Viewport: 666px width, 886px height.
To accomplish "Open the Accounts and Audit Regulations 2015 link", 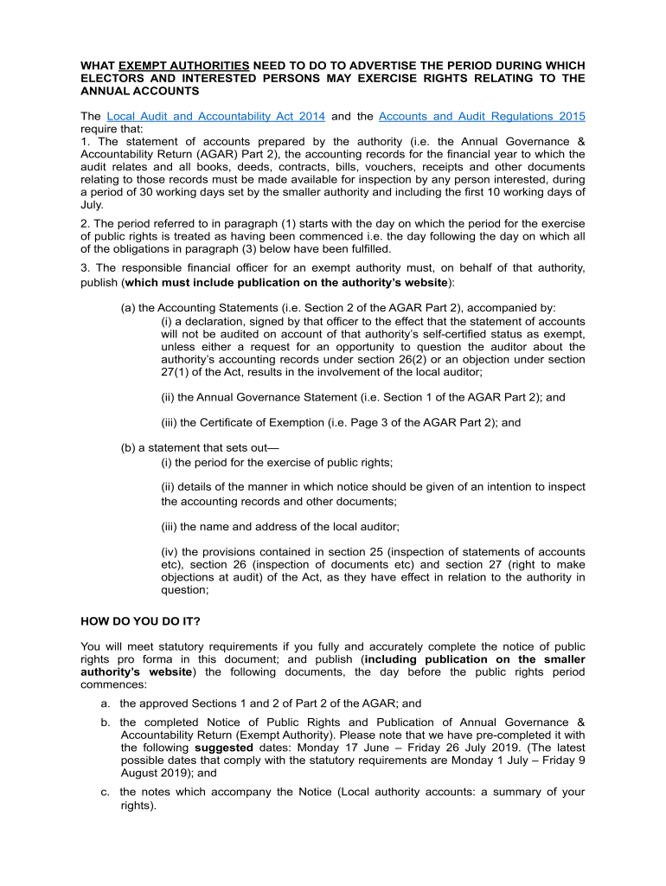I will coord(482,116).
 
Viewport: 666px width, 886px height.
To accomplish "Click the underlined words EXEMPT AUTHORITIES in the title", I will coord(184,66).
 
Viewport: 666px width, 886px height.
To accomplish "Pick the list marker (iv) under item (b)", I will coord(170,552).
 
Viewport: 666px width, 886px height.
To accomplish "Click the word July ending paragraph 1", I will coord(91,205).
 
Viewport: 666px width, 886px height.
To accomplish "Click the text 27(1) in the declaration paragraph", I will coord(175,371).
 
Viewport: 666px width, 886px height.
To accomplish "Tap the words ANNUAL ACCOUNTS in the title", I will coord(139,90).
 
